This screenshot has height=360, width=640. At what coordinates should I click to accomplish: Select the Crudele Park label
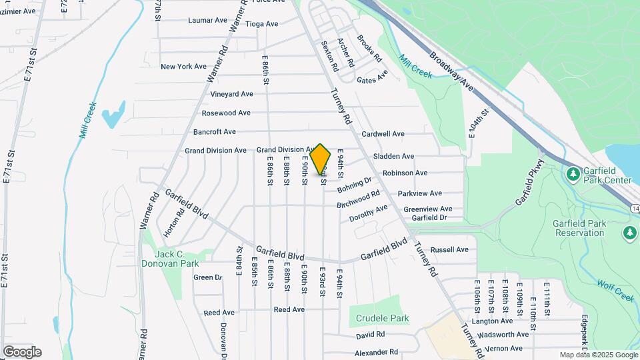[382, 319]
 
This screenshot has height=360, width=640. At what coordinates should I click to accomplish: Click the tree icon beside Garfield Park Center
[572, 174]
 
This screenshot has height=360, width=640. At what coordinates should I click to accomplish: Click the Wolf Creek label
[615, 290]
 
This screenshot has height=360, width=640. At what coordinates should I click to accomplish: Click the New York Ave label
[184, 67]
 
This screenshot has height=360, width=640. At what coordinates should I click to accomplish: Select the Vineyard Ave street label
[231, 94]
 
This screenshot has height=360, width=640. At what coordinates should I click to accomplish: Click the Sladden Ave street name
[393, 157]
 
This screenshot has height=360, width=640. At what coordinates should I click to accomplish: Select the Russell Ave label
[449, 250]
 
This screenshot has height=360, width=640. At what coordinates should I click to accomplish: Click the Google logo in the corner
[22, 352]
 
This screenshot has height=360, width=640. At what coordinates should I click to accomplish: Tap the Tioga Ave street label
[262, 24]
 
